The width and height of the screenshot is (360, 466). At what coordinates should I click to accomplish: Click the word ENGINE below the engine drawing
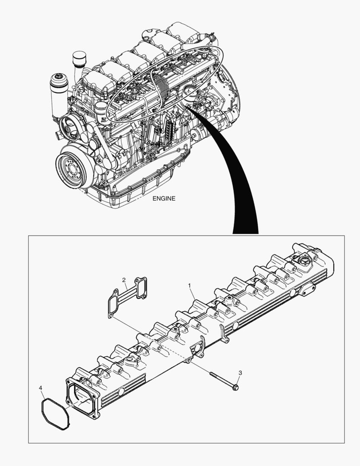164,198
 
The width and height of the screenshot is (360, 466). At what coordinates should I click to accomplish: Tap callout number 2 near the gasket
123,280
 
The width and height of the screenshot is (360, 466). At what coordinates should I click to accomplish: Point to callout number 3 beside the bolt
240,372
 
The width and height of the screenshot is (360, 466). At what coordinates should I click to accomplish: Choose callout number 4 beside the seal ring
41,388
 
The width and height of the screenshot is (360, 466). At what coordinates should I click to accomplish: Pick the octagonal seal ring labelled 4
55,413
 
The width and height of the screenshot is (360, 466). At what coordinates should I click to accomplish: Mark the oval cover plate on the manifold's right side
309,290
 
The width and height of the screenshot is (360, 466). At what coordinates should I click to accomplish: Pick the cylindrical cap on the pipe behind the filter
79,58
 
